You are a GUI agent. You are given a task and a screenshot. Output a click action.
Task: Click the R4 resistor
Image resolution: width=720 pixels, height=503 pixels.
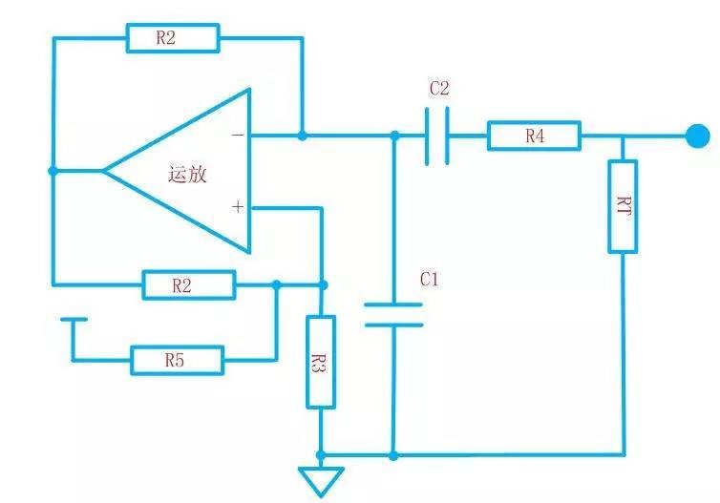(x=534, y=136)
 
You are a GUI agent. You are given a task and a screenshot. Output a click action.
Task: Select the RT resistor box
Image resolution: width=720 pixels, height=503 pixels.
(x=623, y=207)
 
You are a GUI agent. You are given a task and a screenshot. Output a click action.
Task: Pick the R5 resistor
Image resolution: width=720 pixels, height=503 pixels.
(x=177, y=360)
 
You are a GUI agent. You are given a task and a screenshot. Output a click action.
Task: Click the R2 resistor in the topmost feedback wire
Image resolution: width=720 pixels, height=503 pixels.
(x=173, y=39)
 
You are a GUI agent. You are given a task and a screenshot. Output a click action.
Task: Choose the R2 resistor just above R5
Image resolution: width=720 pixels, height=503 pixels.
(x=188, y=284)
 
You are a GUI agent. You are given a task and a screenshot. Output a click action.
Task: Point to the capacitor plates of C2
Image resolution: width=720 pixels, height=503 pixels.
(x=437, y=136)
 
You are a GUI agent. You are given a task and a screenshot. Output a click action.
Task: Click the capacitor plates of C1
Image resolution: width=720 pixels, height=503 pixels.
(x=392, y=316)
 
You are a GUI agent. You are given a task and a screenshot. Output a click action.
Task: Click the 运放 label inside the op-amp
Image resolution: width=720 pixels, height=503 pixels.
(x=187, y=175)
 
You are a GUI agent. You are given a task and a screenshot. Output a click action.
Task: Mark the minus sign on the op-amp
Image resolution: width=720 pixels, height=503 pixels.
(x=237, y=136)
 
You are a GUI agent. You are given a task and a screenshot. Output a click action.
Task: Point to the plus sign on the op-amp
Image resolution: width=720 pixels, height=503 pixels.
(x=237, y=206)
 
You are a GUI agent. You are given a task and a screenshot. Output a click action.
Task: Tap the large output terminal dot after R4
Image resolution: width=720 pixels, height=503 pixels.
(x=698, y=136)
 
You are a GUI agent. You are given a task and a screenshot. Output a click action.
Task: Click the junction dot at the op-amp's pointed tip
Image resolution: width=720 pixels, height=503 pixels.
(x=53, y=171)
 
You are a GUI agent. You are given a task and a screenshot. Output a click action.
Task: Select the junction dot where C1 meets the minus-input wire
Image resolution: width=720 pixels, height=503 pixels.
(x=393, y=136)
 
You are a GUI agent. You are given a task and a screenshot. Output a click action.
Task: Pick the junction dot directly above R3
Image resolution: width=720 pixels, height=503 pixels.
(x=322, y=284)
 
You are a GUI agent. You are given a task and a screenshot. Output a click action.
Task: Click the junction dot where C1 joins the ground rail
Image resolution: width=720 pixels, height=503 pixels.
(x=392, y=454)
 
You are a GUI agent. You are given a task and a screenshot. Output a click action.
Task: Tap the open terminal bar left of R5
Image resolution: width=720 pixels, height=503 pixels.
(x=74, y=320)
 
